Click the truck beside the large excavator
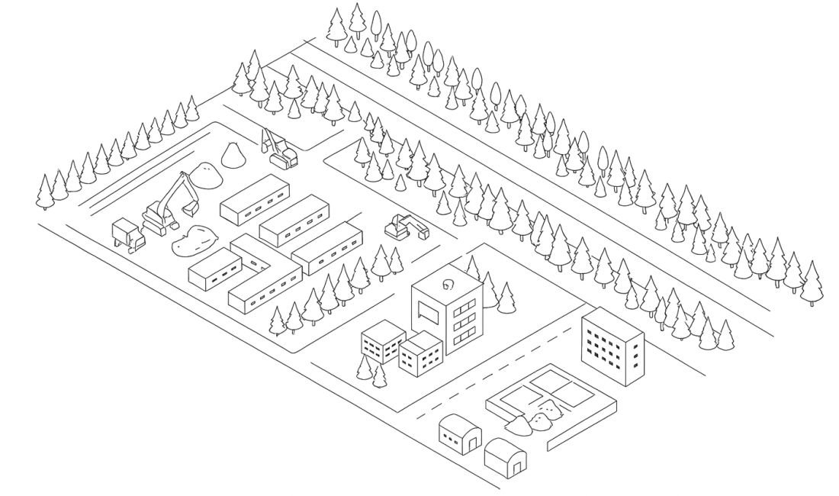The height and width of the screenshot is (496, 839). [128, 234]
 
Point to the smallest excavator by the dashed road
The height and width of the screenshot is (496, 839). [404, 227]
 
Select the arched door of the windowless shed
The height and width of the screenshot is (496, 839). [518, 462]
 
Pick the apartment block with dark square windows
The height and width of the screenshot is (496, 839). [612, 346]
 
